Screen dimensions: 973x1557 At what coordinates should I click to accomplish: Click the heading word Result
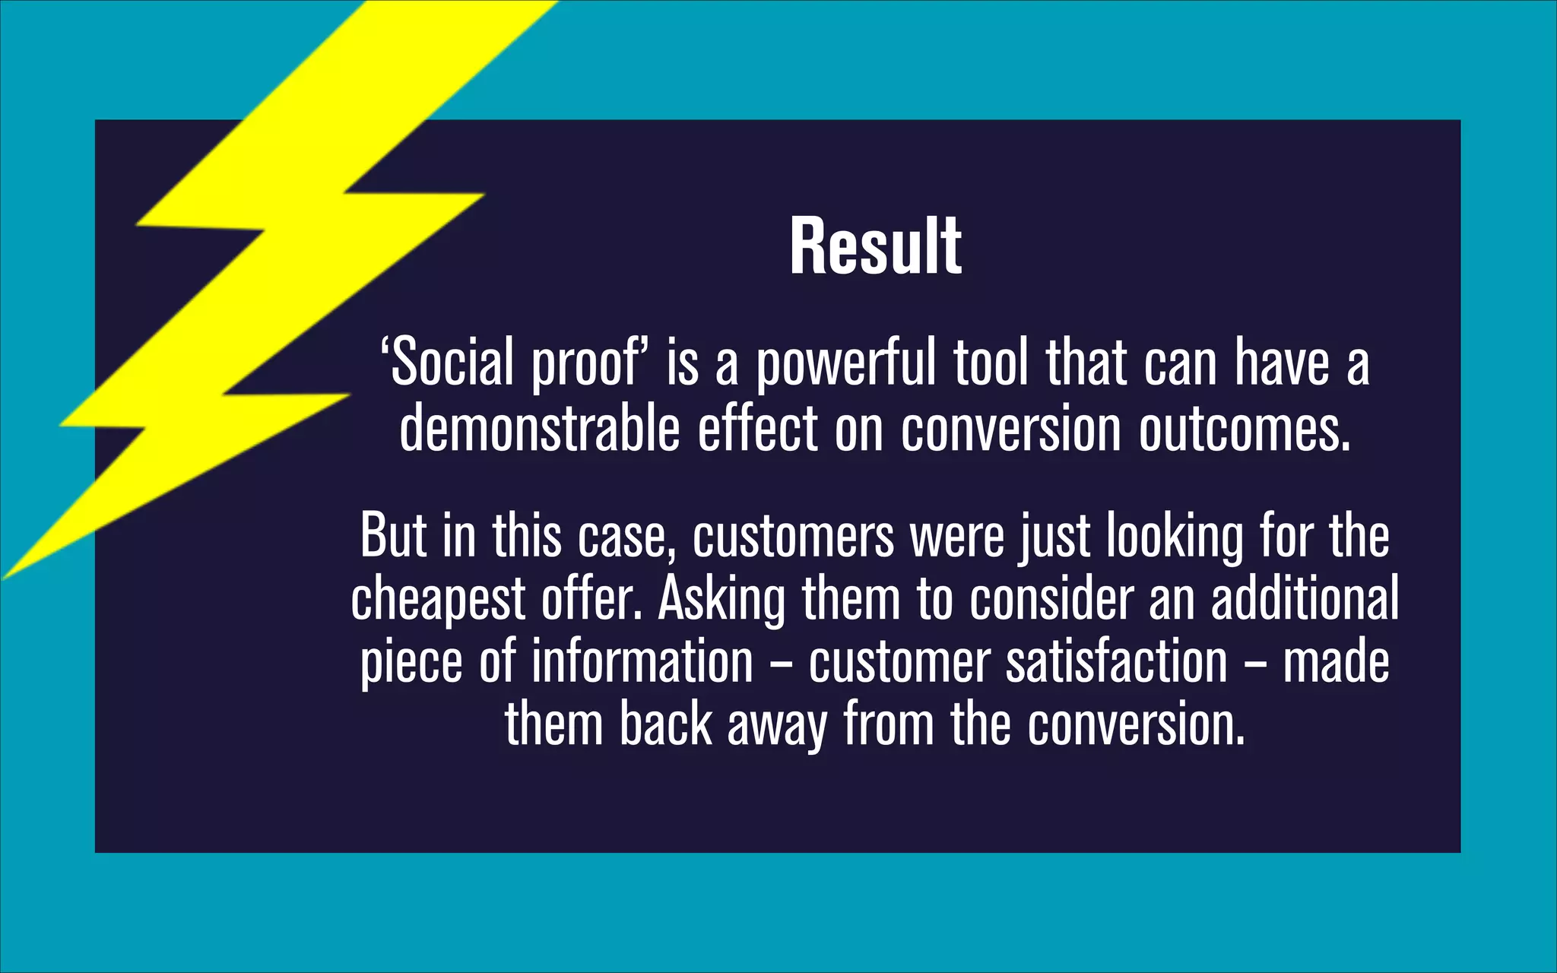point(875,246)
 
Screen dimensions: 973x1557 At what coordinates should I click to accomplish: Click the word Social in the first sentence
point(452,363)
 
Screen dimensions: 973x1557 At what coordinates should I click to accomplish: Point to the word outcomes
point(1245,429)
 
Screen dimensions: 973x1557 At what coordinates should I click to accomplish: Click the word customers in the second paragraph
point(793,536)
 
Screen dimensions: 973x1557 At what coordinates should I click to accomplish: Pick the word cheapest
point(438,599)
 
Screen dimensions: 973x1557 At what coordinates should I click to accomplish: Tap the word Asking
point(721,599)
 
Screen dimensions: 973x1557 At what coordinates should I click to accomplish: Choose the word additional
point(1305,597)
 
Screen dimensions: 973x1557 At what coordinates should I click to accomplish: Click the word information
point(642,661)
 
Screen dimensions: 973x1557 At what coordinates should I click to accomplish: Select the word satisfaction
point(1116,661)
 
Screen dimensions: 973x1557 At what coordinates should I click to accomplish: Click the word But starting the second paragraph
point(392,536)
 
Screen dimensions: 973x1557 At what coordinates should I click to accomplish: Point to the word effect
point(757,428)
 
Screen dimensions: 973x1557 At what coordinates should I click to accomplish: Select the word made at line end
point(1336,661)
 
